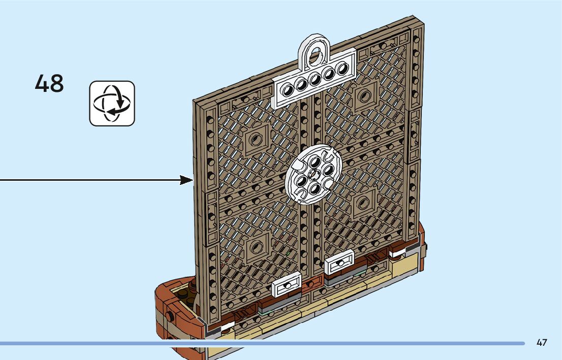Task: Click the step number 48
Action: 49,83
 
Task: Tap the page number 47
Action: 542,343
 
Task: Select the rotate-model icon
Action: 112,103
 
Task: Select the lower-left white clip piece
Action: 287,288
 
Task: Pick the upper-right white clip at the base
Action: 339,262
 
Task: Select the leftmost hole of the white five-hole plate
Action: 288,90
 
